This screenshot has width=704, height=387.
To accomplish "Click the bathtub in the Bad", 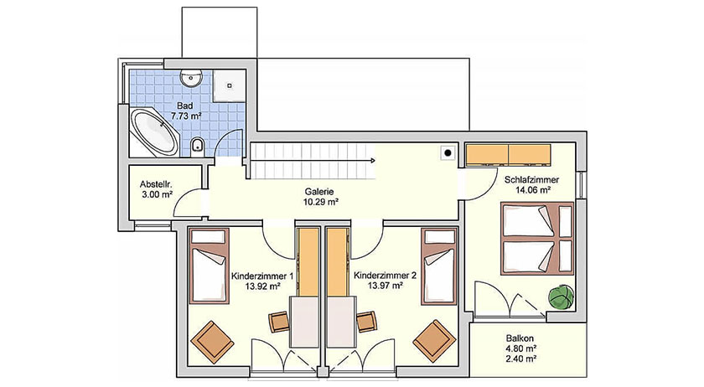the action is (x=153, y=130).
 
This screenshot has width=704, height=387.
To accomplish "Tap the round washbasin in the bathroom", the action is (x=192, y=79).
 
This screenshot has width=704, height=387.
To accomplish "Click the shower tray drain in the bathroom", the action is (x=229, y=85).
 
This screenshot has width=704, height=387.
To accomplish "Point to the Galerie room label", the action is (x=321, y=192).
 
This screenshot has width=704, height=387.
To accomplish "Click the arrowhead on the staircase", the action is (x=373, y=160).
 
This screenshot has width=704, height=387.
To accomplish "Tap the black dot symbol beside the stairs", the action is (x=448, y=153).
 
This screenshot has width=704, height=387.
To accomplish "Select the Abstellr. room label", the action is (x=156, y=184).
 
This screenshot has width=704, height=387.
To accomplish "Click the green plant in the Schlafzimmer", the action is (x=561, y=297).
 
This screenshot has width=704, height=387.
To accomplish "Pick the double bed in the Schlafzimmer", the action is (x=537, y=239).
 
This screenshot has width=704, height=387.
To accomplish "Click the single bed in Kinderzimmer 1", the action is (x=209, y=266).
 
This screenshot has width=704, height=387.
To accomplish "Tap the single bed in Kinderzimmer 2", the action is (x=439, y=266).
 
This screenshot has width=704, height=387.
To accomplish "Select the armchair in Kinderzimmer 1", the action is (x=212, y=342).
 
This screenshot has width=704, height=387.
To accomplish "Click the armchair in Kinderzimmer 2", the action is (x=434, y=341).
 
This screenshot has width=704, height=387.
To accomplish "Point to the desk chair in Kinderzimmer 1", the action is (x=279, y=322).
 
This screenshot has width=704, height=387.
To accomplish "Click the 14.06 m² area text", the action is (x=533, y=190).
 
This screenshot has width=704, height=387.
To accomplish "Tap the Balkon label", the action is (x=520, y=338).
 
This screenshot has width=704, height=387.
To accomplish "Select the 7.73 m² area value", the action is (x=186, y=116).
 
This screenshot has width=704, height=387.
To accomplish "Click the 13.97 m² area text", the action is (x=385, y=285).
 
